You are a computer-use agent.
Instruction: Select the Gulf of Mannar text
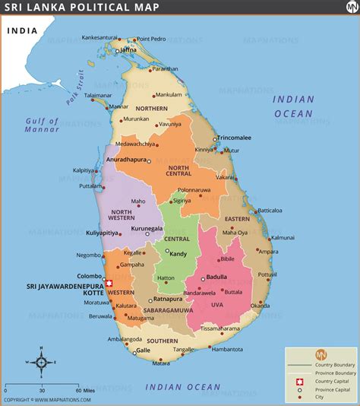pos(42,125)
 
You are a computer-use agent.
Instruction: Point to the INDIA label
pos(24,31)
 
